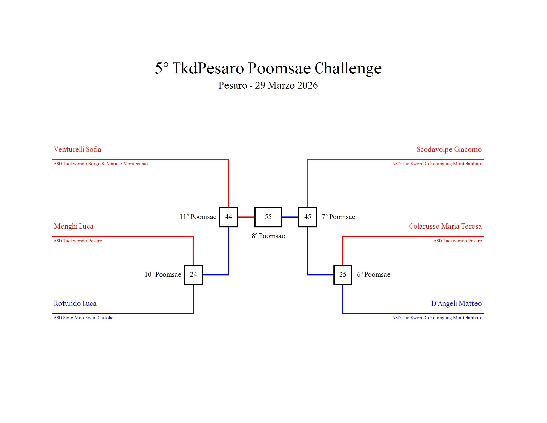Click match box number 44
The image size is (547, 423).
click(228, 217)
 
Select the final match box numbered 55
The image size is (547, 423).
click(268, 217)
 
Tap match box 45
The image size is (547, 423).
click(307, 217)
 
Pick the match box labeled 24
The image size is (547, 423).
click(193, 275)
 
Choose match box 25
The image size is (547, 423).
click(342, 275)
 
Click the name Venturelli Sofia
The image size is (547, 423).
click(77, 150)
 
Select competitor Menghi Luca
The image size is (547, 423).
click(74, 226)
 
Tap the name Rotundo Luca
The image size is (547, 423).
click(75, 304)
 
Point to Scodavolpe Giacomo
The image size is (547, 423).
click(449, 150)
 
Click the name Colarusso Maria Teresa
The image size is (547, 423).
click(445, 226)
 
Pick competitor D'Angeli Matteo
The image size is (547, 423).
click(456, 304)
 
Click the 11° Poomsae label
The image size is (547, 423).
click(198, 217)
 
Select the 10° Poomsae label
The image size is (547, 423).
click(163, 275)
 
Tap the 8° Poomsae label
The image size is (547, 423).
click(268, 236)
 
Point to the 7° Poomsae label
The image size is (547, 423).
click(338, 217)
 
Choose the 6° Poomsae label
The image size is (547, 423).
click(373, 275)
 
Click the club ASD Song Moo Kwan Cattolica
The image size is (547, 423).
click(85, 318)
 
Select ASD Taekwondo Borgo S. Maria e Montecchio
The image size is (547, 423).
click(101, 164)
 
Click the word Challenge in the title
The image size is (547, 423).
click(348, 68)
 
